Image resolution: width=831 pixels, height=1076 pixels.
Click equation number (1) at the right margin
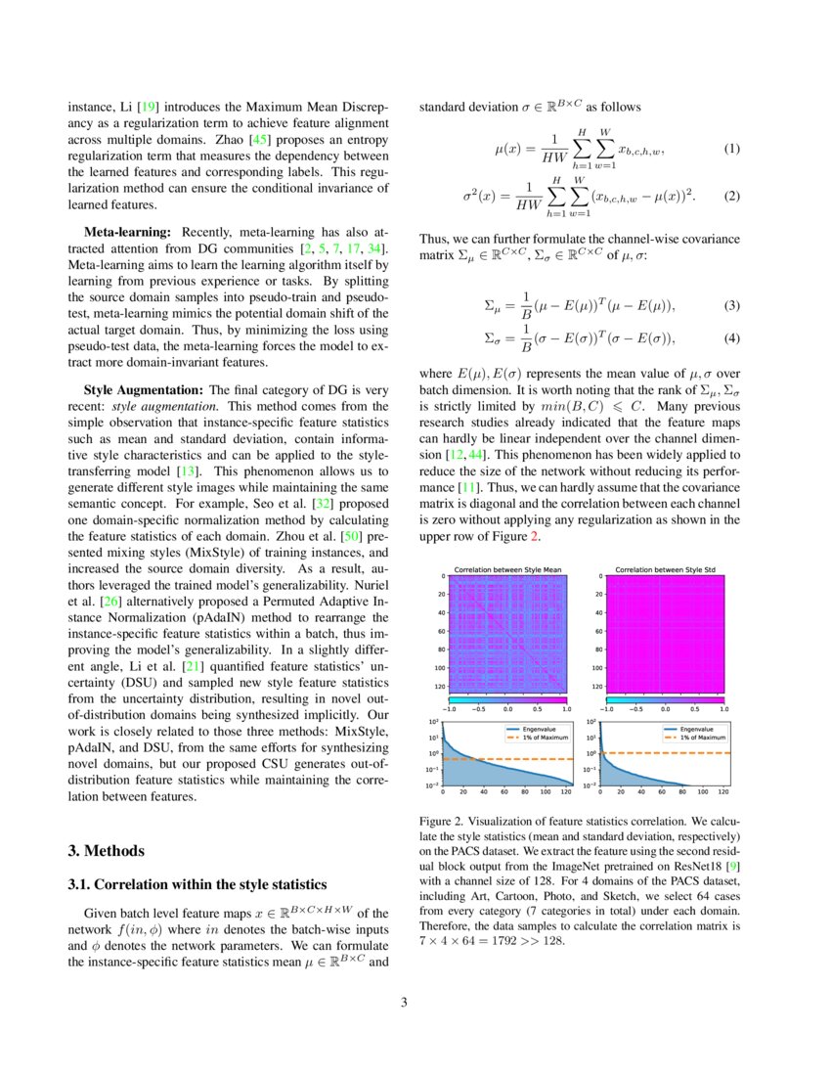click(x=731, y=150)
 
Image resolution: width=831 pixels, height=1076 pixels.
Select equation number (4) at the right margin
click(x=731, y=338)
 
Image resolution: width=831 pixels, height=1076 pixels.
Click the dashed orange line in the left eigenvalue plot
click(x=547, y=759)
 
